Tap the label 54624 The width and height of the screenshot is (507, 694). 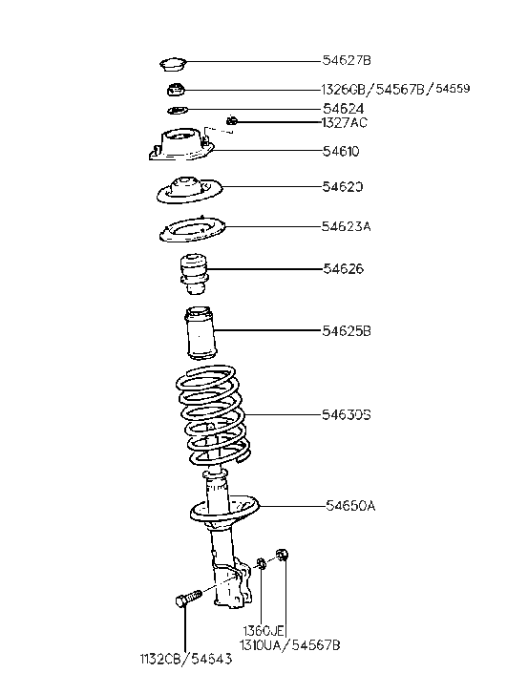click(x=344, y=109)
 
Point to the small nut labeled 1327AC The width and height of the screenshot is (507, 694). click(x=231, y=120)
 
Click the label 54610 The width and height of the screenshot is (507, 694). click(x=341, y=152)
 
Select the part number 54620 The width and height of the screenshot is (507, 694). click(x=342, y=187)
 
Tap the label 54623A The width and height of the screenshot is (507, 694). click(x=346, y=227)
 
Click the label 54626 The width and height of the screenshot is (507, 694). click(x=342, y=270)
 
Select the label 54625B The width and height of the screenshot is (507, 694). click(x=346, y=331)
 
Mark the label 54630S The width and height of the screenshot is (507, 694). click(x=346, y=415)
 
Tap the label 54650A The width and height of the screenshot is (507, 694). click(x=350, y=506)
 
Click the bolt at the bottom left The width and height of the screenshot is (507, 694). click(x=185, y=600)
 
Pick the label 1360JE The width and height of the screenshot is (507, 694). click(x=264, y=631)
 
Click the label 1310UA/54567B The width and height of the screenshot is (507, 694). click(x=290, y=645)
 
